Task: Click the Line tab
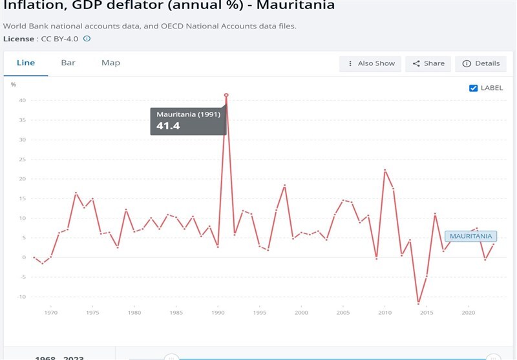pos(26,63)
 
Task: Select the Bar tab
pos(68,63)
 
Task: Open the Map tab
pos(111,63)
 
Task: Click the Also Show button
pos(371,63)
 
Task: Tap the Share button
pos(428,63)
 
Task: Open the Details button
pos(481,63)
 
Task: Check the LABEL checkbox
pos(474,88)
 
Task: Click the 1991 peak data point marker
pos(226,95)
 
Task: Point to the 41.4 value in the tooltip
pos(168,125)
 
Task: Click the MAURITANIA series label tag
pos(471,237)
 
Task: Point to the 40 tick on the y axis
pos(22,101)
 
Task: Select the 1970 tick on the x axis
pos(51,313)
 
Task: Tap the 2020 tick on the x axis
pos(468,313)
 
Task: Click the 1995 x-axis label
pos(260,313)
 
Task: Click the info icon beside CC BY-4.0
pos(87,39)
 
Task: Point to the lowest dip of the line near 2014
pos(418,303)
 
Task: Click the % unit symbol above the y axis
pos(13,85)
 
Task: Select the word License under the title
pos(18,39)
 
